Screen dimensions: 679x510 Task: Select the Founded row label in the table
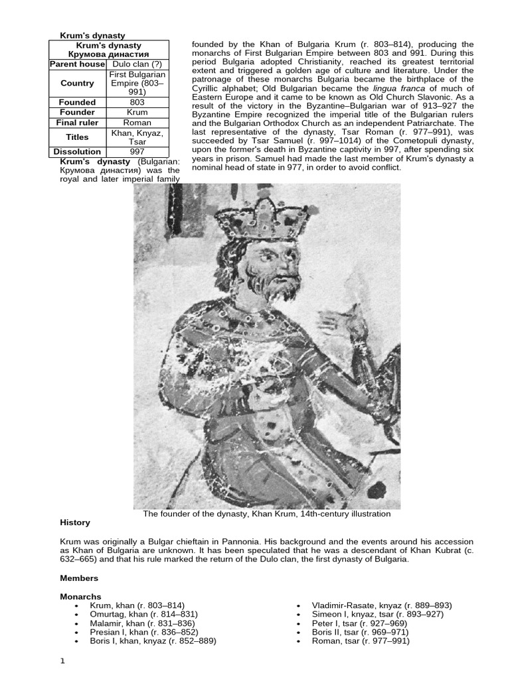pos(77,102)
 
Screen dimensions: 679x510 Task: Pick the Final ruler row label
pos(77,123)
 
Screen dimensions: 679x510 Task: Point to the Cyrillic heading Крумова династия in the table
pos(109,54)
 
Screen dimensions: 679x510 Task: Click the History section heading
pos(75,523)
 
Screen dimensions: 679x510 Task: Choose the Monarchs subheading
pos(80,597)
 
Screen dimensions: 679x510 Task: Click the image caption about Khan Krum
pos(267,514)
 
